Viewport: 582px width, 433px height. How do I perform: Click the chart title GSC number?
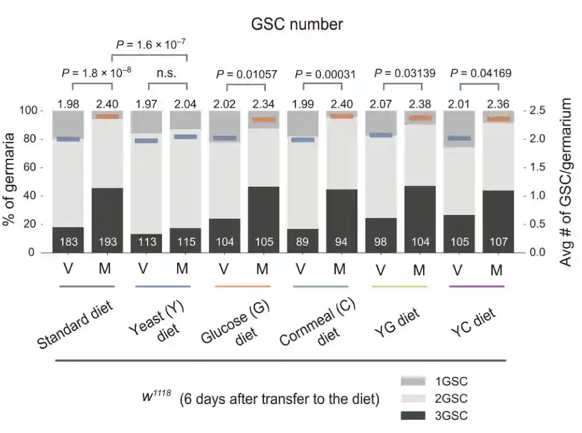(x=297, y=24)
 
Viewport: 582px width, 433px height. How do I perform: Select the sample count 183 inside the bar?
(x=68, y=242)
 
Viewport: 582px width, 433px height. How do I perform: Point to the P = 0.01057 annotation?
(x=247, y=74)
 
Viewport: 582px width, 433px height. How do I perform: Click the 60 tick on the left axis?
(x=28, y=168)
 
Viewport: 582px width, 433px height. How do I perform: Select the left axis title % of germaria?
(x=9, y=181)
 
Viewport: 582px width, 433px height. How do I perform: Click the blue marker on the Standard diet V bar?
(x=68, y=140)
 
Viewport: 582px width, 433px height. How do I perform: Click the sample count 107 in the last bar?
(x=497, y=242)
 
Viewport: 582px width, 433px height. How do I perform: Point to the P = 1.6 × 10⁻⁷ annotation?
(x=150, y=44)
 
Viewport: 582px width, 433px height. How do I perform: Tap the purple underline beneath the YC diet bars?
(x=477, y=286)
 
